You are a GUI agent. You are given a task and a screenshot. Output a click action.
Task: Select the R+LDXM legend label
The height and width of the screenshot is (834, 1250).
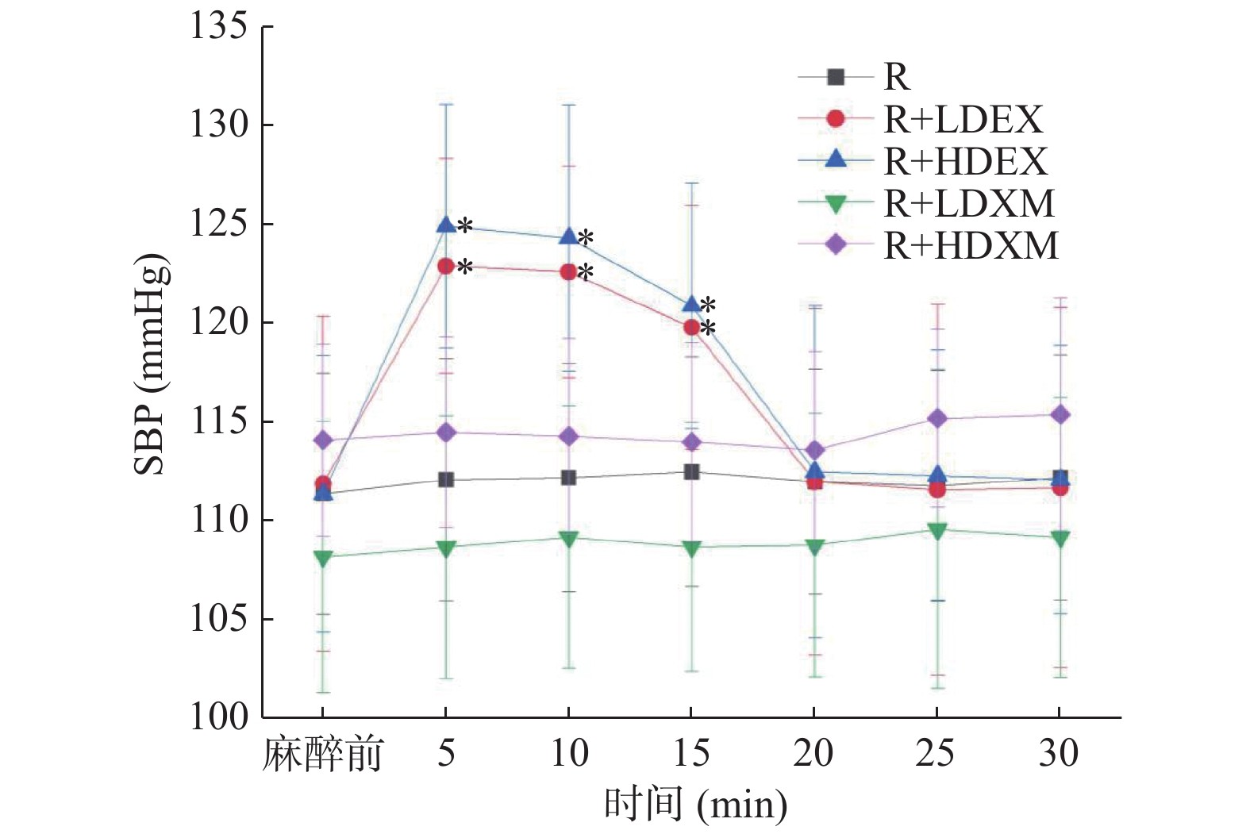(x=969, y=204)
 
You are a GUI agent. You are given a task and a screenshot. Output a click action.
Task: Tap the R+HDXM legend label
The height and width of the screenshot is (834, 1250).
(x=971, y=246)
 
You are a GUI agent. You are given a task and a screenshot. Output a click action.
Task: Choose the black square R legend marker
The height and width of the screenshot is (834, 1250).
(x=835, y=77)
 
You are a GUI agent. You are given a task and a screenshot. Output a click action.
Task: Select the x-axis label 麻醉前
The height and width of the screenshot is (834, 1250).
(x=322, y=754)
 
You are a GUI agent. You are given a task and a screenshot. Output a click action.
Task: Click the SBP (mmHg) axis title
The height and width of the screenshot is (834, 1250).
(x=151, y=365)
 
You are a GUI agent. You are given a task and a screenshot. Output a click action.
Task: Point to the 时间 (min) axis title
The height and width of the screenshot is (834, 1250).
(x=695, y=805)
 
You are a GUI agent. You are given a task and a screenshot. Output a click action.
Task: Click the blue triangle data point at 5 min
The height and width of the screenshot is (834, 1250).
(x=446, y=225)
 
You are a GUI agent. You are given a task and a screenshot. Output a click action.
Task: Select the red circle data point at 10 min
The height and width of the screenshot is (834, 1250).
(x=568, y=271)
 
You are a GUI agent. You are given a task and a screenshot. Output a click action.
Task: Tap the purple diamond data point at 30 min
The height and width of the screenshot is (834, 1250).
(x=1060, y=414)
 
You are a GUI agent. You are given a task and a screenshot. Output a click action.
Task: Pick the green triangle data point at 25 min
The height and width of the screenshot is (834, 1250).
(x=937, y=531)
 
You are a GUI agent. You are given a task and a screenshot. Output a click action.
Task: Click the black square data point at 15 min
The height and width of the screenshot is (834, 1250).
(x=691, y=472)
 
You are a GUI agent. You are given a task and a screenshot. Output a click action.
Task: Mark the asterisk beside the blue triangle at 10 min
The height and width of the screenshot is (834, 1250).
(x=586, y=238)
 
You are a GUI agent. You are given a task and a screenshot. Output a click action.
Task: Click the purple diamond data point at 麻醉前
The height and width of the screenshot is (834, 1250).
(x=323, y=440)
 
